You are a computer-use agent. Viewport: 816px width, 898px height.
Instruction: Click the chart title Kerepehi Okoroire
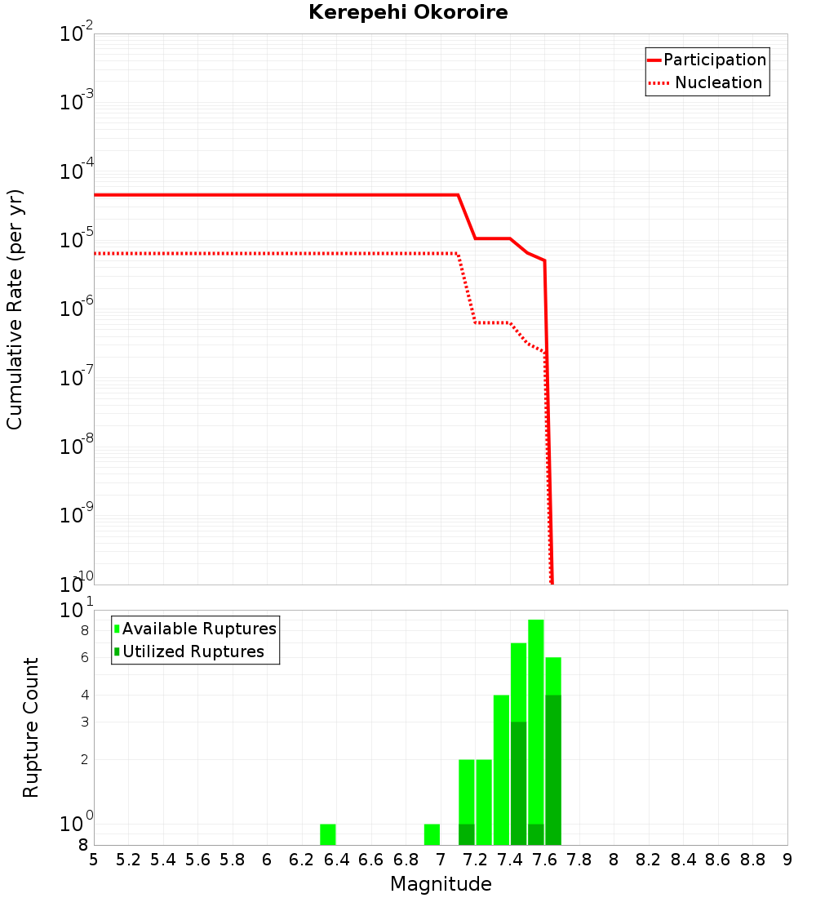408,13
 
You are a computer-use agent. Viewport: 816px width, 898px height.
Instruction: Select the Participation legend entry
707,60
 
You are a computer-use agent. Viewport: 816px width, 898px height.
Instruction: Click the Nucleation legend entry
707,83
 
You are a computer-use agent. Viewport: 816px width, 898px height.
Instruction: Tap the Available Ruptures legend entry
195,629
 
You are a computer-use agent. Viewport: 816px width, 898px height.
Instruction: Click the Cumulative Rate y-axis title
15,309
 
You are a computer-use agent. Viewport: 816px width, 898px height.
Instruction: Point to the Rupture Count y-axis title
31,727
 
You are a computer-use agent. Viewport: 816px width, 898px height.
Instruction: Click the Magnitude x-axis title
441,884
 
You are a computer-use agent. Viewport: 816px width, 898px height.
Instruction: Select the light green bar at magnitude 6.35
327,834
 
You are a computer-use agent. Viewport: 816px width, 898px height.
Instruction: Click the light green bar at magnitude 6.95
432,834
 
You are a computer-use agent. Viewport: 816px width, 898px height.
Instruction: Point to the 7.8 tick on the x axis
579,860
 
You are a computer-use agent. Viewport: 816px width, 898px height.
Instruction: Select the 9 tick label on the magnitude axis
787,860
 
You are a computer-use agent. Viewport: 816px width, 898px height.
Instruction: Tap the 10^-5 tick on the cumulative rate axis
78,240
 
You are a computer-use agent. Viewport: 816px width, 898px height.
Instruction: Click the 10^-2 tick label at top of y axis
78,34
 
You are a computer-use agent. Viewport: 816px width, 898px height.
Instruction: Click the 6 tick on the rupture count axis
84,658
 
